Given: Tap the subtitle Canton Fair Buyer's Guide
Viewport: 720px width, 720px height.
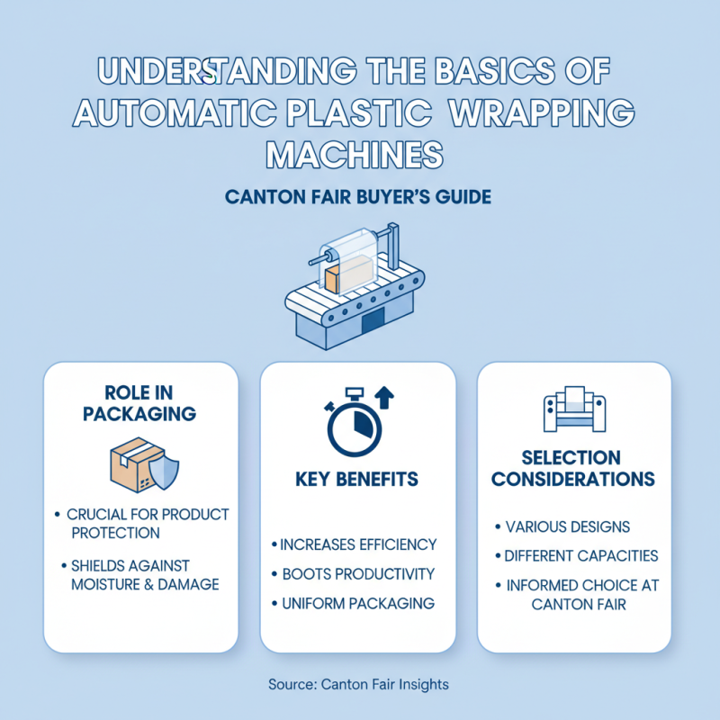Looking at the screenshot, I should [359, 196].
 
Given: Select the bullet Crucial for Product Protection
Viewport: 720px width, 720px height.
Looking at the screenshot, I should [147, 523].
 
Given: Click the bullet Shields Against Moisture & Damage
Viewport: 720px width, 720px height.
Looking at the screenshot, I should [144, 575].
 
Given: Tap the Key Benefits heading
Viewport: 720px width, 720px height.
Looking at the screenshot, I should [356, 480].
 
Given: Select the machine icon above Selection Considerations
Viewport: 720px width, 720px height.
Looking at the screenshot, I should [573, 409].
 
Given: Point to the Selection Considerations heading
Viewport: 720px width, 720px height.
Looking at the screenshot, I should [574, 468].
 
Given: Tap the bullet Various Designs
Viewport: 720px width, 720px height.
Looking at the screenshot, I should [567, 526].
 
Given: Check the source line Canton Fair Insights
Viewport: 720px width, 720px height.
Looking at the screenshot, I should [358, 684].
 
